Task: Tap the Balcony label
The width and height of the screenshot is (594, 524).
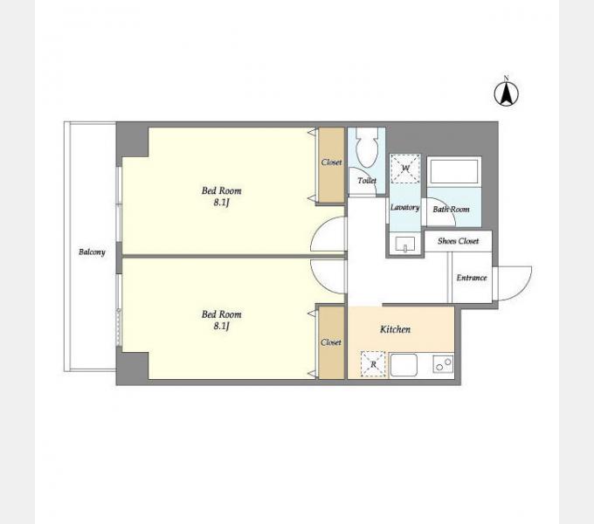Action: (92, 252)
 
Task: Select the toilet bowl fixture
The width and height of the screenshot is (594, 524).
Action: (367, 148)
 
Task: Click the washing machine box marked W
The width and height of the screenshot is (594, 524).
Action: (405, 169)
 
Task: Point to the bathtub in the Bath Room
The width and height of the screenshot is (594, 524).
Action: (454, 172)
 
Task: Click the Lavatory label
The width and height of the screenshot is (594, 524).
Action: (405, 208)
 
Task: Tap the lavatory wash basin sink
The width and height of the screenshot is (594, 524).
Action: (405, 245)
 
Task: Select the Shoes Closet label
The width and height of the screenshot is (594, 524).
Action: (458, 241)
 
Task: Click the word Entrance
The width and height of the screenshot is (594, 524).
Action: (472, 278)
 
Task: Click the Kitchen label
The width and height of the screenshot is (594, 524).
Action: (395, 329)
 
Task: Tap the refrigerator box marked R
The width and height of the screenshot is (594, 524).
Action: (373, 364)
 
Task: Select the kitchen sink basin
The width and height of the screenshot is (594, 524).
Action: (404, 365)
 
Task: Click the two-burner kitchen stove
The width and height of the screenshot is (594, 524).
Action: (443, 364)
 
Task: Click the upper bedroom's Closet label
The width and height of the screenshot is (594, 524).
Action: (331, 162)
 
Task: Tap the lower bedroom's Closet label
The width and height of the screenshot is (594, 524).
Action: (331, 342)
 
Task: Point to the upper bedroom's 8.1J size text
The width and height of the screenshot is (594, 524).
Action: (221, 203)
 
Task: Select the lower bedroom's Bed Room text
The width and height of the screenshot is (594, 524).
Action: (221, 314)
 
